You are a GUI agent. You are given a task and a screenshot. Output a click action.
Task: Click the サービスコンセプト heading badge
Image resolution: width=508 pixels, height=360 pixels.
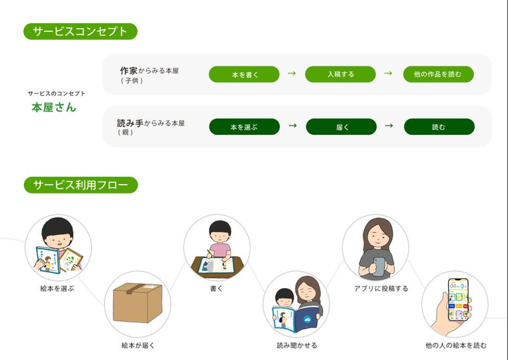click(80, 31)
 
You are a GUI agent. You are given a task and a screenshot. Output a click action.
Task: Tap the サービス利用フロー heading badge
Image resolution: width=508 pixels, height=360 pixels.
click(80, 186)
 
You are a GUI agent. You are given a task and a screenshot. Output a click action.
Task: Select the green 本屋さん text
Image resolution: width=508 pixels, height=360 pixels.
click(54, 108)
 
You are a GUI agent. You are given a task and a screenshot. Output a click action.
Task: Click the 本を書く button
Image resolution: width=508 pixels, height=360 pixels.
click(244, 73)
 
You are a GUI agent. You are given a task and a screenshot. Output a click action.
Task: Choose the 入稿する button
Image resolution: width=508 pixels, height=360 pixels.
click(340, 73)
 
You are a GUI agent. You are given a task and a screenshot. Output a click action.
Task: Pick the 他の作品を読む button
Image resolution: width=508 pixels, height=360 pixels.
click(438, 73)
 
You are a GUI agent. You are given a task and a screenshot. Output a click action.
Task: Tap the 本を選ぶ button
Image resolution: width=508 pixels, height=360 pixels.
click(244, 127)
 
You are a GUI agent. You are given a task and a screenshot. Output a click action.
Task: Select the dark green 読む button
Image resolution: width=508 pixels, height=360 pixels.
click(438, 127)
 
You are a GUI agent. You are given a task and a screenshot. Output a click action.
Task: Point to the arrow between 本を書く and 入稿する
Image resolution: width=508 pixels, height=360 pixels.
click(291, 73)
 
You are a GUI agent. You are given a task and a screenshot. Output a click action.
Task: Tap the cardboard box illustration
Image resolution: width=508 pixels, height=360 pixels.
click(137, 303)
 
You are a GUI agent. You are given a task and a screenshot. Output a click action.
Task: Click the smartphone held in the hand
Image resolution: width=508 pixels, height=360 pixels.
click(459, 299)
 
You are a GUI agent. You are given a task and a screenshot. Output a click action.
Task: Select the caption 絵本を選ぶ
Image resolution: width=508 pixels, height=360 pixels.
click(57, 288)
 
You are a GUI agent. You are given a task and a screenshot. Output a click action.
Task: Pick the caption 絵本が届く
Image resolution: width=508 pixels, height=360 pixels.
click(138, 345)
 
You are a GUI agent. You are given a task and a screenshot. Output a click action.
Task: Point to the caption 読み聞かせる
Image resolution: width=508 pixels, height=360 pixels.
click(296, 345)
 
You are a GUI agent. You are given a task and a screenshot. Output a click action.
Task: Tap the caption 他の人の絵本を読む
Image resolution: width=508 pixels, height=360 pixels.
click(456, 345)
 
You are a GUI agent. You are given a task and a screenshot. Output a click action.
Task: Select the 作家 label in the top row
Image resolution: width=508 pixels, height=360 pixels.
click(128, 71)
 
